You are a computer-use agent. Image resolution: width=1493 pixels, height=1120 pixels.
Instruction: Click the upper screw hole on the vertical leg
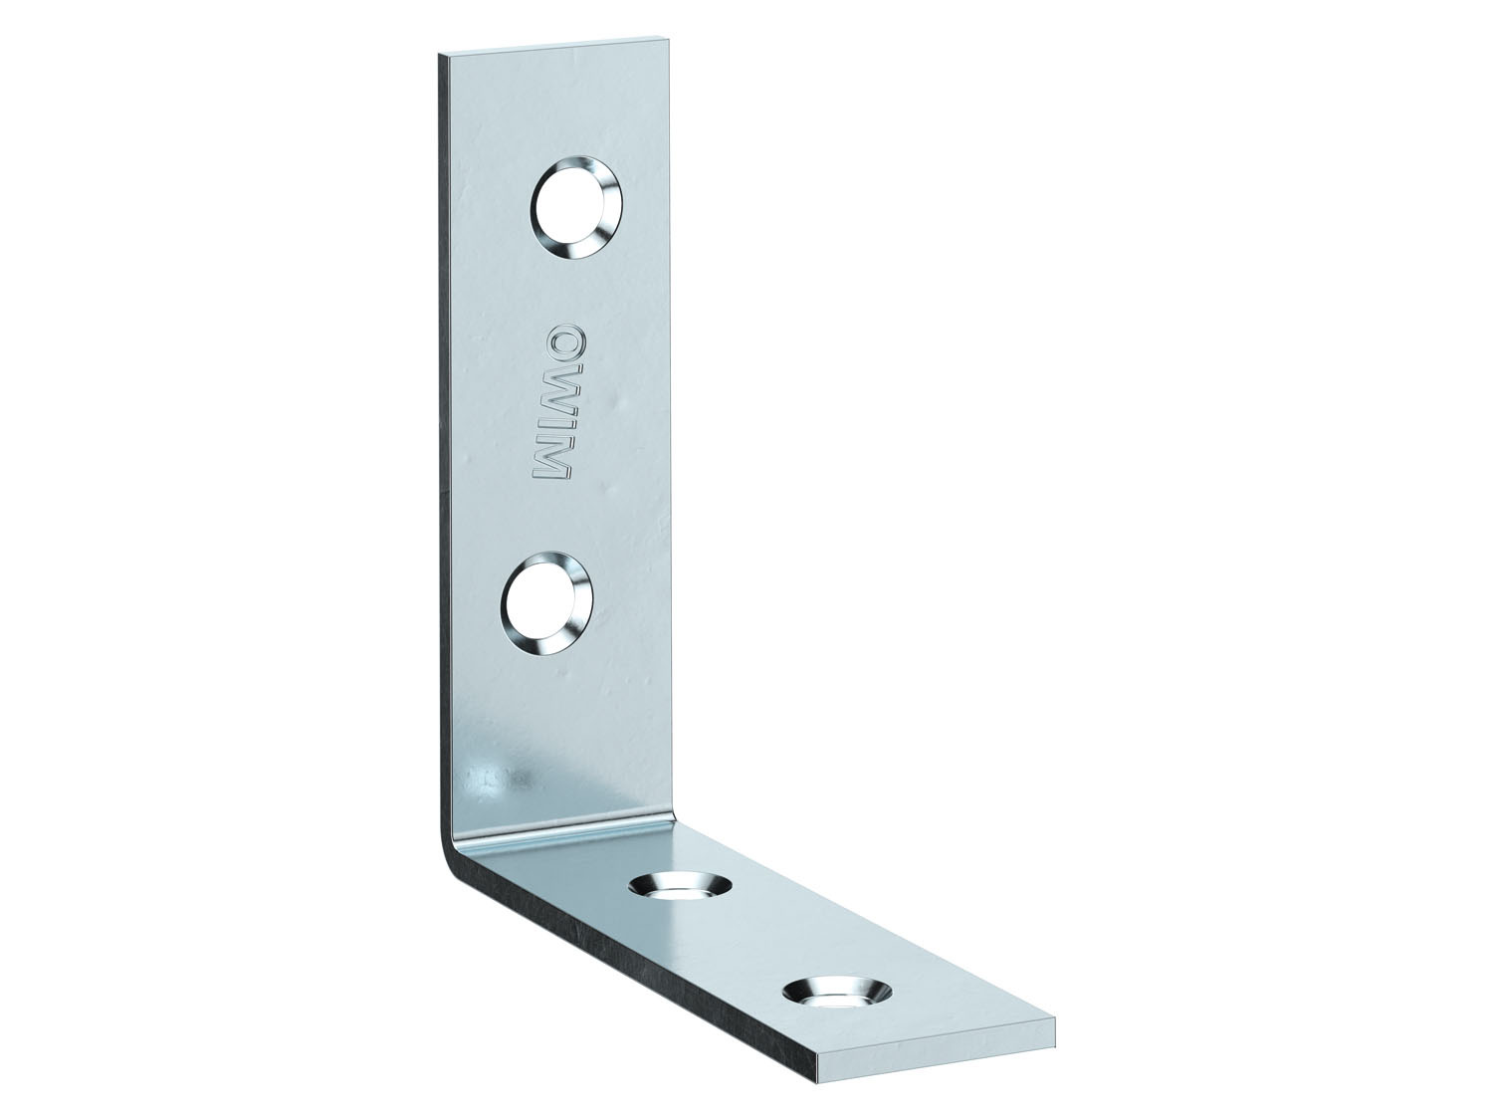coord(574,208)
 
